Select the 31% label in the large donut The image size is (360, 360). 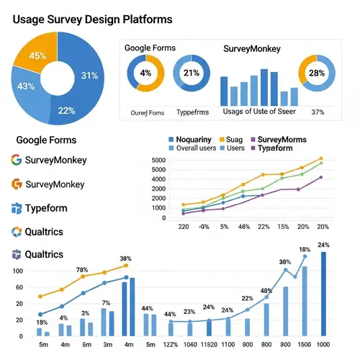pos(90,75)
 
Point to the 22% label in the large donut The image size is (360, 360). pos(66,110)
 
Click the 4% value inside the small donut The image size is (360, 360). pos(146,73)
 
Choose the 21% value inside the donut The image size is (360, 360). pos(192,73)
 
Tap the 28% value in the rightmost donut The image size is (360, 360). pos(317,73)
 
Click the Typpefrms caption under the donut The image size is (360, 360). pos(193,112)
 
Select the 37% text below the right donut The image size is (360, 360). pos(318,112)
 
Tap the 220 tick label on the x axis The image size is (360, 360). pos(184,226)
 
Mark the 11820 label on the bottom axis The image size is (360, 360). pos(210,344)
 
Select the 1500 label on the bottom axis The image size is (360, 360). pos(305,344)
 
